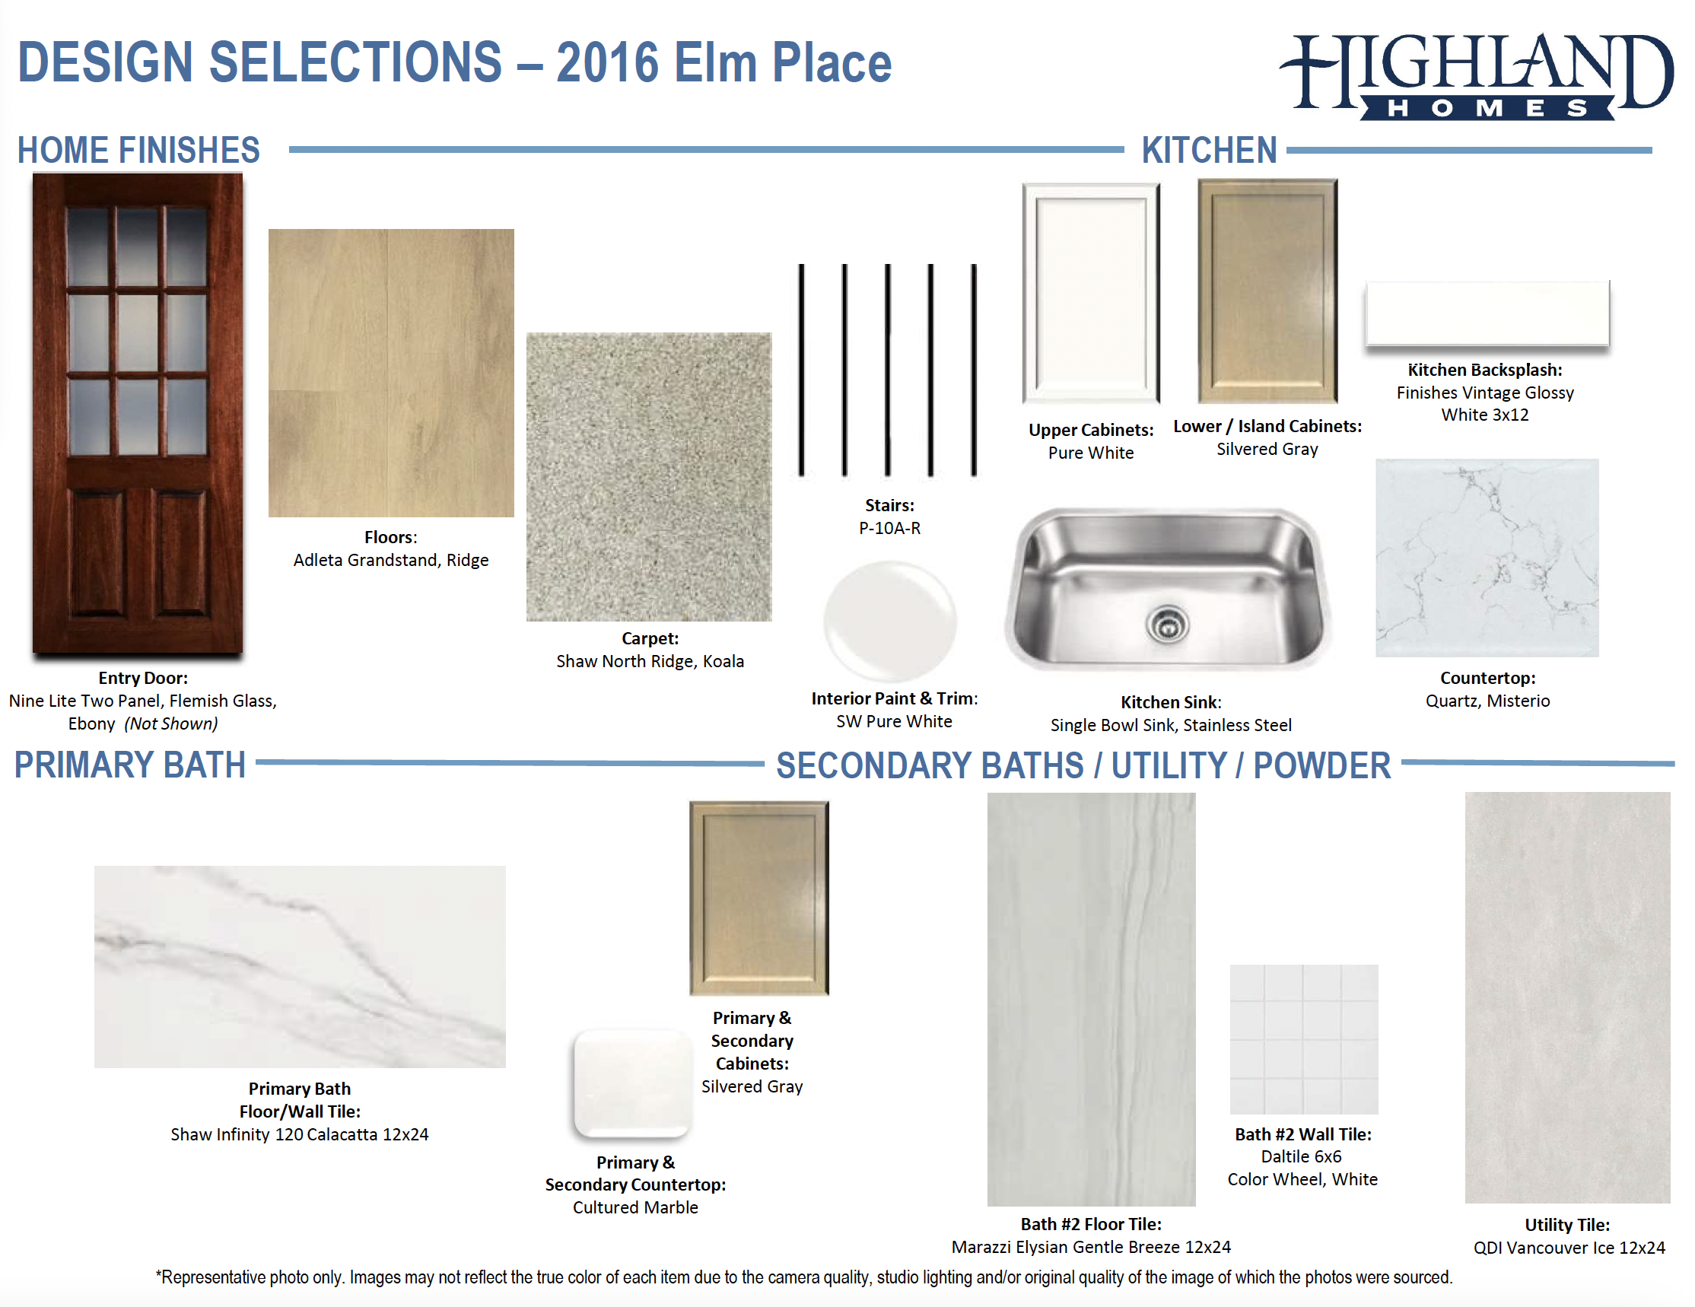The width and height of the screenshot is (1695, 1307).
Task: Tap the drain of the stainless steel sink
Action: point(1167,622)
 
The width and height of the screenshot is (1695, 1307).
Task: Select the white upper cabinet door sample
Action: point(1090,293)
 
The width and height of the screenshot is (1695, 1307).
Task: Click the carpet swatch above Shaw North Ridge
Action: point(649,476)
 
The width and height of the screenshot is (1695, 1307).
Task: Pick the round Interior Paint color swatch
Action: point(890,621)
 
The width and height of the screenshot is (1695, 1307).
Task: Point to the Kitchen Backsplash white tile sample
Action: point(1487,313)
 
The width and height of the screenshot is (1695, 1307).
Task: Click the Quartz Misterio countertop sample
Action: point(1487,557)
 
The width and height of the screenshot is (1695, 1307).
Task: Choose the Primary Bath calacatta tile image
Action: point(300,966)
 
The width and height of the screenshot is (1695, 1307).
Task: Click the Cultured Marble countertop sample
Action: point(632,1083)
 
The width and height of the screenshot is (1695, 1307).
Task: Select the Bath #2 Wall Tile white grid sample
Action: point(1304,1039)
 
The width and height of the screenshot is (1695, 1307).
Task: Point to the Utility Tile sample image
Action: point(1567,997)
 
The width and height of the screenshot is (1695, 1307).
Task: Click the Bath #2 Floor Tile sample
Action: point(1091,999)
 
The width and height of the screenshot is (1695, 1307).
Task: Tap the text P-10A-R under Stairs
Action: point(889,529)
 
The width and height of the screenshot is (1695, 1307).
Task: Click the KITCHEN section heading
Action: point(1209,150)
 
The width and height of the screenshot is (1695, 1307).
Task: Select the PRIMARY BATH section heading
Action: point(130,765)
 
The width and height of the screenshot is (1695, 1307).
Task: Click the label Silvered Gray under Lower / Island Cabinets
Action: point(1267,450)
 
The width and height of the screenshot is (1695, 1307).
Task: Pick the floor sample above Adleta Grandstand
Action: point(391,373)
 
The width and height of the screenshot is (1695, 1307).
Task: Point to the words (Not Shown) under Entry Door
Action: point(171,724)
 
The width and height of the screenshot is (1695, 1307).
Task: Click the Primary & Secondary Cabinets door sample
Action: point(759,898)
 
